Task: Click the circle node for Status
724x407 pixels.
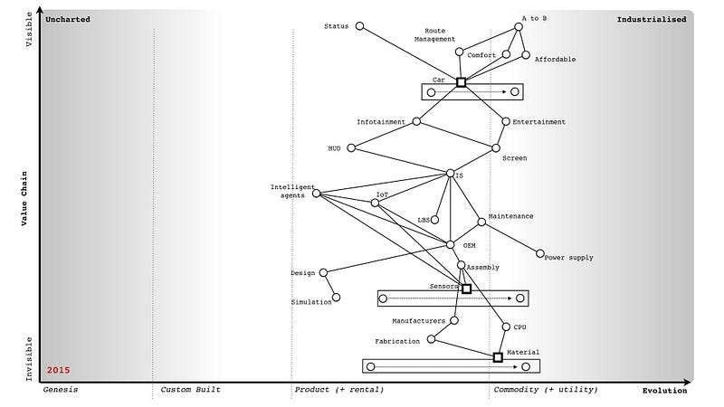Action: click(359, 26)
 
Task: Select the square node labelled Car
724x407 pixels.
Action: click(461, 82)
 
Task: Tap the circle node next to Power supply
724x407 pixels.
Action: click(540, 254)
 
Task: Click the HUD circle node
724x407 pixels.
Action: click(351, 147)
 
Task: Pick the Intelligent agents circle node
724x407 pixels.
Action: click(316, 193)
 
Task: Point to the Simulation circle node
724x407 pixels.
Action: click(337, 297)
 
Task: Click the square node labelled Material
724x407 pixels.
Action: click(498, 357)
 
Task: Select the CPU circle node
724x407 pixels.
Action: click(506, 327)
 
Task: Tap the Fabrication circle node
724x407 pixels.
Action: click(432, 339)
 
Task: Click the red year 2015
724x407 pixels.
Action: click(59, 371)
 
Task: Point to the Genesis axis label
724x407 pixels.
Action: click(61, 390)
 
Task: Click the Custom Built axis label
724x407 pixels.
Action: click(190, 390)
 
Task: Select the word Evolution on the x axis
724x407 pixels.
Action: click(664, 391)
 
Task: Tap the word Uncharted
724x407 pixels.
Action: click(69, 19)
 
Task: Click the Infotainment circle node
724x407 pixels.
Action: click(416, 121)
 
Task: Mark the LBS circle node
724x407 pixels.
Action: click(435, 219)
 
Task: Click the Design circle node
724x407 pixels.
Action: click(323, 271)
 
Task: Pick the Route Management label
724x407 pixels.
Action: click(435, 34)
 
